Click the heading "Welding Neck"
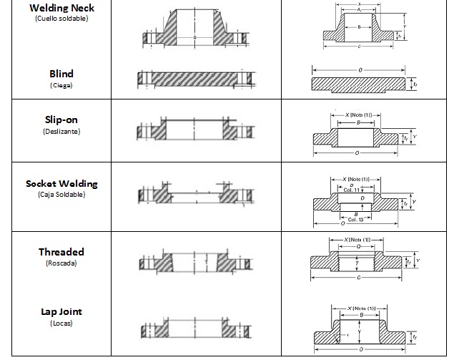pyautogui.click(x=61, y=8)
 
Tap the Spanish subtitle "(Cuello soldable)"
pyautogui.click(x=61, y=18)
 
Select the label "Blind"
pyautogui.click(x=61, y=74)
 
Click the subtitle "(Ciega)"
pyautogui.click(x=61, y=85)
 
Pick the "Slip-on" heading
pyautogui.click(x=61, y=120)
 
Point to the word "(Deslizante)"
pyautogui.click(x=61, y=132)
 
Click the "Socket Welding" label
pyautogui.click(x=61, y=183)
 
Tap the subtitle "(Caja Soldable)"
pyautogui.click(x=61, y=195)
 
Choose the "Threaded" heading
pyautogui.click(x=61, y=252)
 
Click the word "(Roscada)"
pyautogui.click(x=61, y=263)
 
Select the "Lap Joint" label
pyautogui.click(x=61, y=311)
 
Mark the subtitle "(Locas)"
pyautogui.click(x=61, y=323)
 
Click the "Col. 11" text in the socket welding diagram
pyautogui.click(x=363, y=190)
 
